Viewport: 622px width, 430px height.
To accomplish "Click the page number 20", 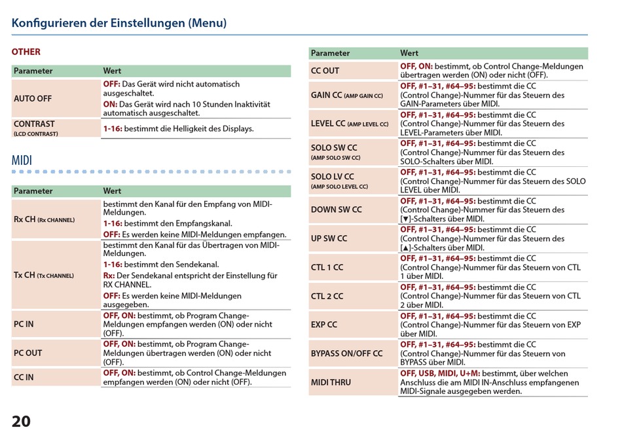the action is pos(21,421).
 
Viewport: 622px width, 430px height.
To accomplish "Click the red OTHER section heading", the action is pos(26,52).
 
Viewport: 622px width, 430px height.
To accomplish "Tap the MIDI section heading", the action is pos(22,160).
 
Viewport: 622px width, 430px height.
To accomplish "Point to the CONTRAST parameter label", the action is pos(34,124).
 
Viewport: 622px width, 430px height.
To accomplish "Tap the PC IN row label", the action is pos(24,324).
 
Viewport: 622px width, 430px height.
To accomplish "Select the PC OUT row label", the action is pos(27,353).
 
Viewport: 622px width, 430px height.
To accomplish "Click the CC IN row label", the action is pos(24,377).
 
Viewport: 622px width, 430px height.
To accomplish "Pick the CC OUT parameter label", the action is pos(325,71).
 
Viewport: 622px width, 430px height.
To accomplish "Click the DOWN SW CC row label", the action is pos(337,209).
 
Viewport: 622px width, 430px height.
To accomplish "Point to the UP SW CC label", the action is pos(329,238).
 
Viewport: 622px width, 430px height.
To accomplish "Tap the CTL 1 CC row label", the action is pos(327,268).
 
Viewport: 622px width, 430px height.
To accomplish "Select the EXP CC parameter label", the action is pos(324,325).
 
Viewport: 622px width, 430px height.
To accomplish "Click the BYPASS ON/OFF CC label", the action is pos(347,353).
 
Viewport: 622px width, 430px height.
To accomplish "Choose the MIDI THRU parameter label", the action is pos(331,382).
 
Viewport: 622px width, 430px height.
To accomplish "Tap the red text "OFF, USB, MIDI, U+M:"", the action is pos(440,373).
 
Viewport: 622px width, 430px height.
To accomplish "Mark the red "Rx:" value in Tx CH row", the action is pos(109,276).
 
